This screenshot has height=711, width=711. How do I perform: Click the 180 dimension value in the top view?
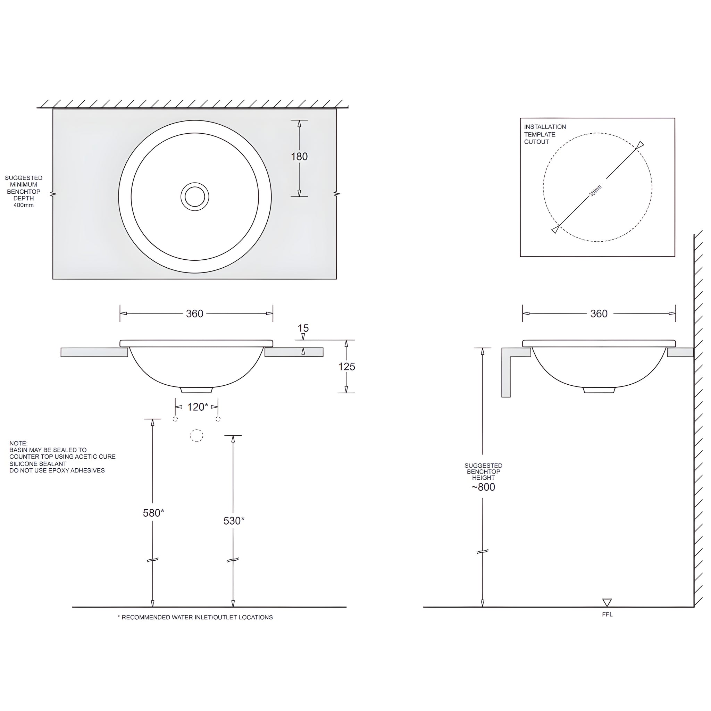click(x=299, y=157)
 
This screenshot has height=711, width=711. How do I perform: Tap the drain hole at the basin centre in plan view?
click(x=195, y=196)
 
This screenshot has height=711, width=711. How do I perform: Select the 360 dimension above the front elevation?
click(x=195, y=313)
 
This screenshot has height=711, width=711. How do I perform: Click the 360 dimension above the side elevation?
click(x=599, y=313)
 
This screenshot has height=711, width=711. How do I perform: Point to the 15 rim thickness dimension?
click(x=303, y=328)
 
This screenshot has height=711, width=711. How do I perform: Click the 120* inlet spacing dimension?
click(x=198, y=407)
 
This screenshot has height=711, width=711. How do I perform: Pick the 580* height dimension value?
click(x=153, y=513)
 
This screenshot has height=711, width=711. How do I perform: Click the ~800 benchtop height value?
click(x=483, y=487)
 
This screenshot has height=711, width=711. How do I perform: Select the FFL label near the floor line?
click(x=607, y=614)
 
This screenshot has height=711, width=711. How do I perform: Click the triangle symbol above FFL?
click(x=607, y=602)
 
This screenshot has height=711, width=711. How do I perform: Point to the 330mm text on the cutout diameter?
click(x=595, y=191)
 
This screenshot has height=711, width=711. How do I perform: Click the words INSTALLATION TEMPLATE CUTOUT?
click(x=545, y=134)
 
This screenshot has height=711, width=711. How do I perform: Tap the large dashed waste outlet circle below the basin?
click(x=196, y=436)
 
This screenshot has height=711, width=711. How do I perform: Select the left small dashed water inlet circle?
click(x=175, y=419)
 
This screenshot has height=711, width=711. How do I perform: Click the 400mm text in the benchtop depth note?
click(x=24, y=205)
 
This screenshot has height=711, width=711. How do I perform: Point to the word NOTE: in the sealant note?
click(x=18, y=443)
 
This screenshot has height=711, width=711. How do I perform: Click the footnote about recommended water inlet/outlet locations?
click(x=195, y=618)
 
